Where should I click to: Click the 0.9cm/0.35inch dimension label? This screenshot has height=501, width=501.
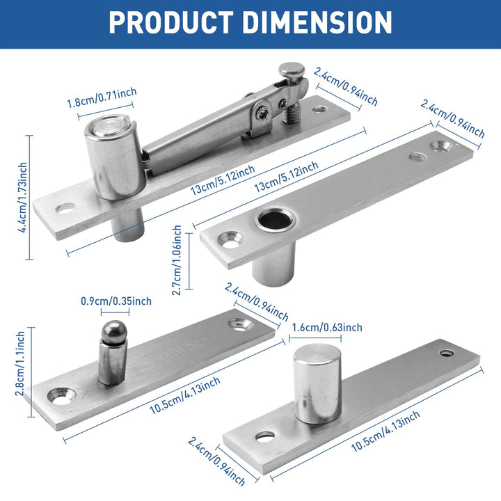[117, 301]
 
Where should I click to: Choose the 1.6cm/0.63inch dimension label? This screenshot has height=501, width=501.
[327, 328]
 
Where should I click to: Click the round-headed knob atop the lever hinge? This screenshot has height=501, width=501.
[292, 70]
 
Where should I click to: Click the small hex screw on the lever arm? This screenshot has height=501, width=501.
[262, 110]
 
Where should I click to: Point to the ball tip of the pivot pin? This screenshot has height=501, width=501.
[112, 332]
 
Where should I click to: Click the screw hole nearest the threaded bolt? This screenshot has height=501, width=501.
[319, 109]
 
